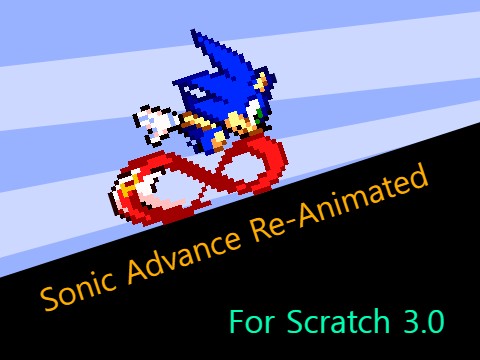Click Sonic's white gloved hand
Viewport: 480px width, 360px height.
pos(156,122)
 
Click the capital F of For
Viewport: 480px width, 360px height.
pos(236,323)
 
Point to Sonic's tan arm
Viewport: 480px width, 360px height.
pos(195,124)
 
